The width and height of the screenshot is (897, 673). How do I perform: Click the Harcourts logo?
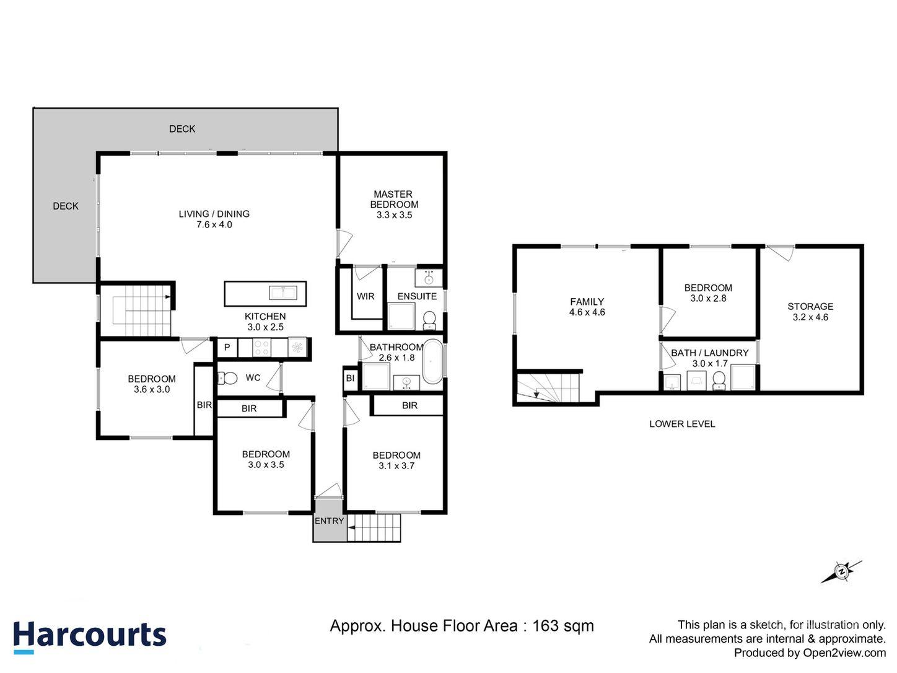[90, 636]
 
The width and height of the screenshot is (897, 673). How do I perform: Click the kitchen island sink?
[283, 293]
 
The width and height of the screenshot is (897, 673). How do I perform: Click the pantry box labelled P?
[227, 348]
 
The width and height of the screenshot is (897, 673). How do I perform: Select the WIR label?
[365, 296]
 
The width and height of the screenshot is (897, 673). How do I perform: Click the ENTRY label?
[329, 521]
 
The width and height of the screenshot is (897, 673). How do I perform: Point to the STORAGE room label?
[810, 306]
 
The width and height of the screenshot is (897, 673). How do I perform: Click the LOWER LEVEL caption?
[682, 424]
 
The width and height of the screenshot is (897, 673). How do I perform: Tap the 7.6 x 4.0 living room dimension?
[214, 225]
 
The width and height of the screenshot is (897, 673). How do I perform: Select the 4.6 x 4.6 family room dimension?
[587, 312]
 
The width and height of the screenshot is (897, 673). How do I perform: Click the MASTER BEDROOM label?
[394, 199]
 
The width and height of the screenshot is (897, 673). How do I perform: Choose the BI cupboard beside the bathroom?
[350, 378]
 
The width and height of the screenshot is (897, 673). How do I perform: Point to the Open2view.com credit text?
[844, 653]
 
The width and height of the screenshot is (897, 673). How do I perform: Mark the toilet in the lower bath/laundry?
[719, 380]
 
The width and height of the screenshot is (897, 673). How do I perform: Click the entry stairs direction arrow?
[351, 528]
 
